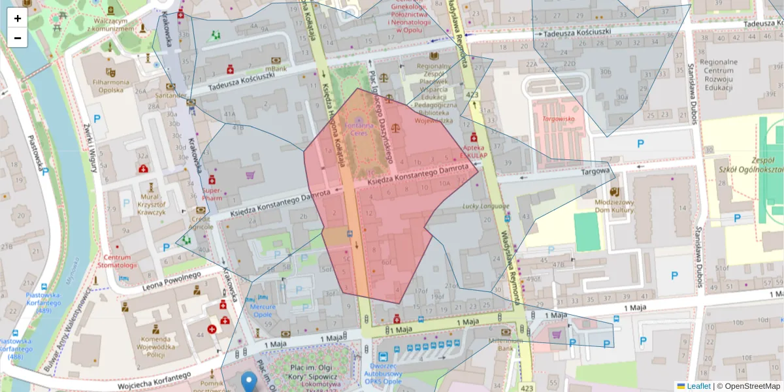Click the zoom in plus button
click(x=18, y=18)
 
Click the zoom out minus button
click(x=18, y=38)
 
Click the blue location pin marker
click(x=249, y=381)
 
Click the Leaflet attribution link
click(x=698, y=386)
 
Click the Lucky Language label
click(x=485, y=206)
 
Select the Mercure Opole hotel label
click(x=263, y=310)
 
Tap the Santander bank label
click(x=171, y=95)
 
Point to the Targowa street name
click(x=595, y=172)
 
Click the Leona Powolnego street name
click(x=172, y=279)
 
